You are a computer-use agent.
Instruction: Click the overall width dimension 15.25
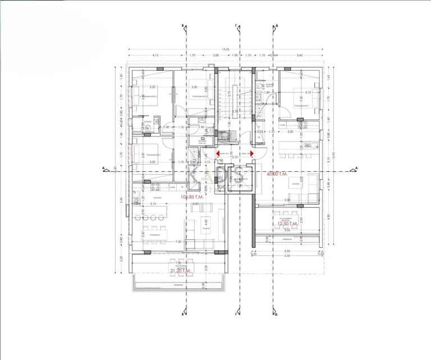pyautogui.click(x=224, y=49)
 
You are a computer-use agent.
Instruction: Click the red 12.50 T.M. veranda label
pyautogui.click(x=287, y=224)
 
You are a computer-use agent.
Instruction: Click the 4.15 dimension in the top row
pyautogui.click(x=156, y=56)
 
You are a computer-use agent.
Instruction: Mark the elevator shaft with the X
pyautogui.click(x=236, y=179)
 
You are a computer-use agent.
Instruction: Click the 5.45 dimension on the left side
pyautogui.click(x=121, y=199)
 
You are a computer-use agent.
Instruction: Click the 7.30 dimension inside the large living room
pyautogui.click(x=177, y=241)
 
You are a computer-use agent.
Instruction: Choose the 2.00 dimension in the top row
pyautogui.click(x=215, y=56)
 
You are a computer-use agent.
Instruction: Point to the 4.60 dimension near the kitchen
pyautogui.click(x=195, y=204)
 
